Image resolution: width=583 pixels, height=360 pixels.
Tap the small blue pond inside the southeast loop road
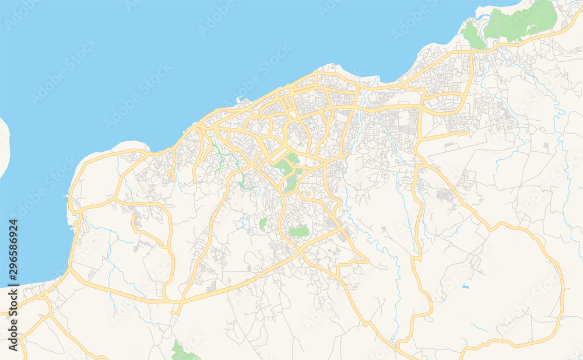[465, 286]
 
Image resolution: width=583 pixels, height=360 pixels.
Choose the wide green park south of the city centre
[299, 231]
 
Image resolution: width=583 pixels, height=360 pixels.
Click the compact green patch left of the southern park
[263, 222]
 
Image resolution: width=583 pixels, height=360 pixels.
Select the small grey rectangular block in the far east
[546, 145]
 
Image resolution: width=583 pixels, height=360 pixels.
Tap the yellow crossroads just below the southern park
[300, 249]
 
